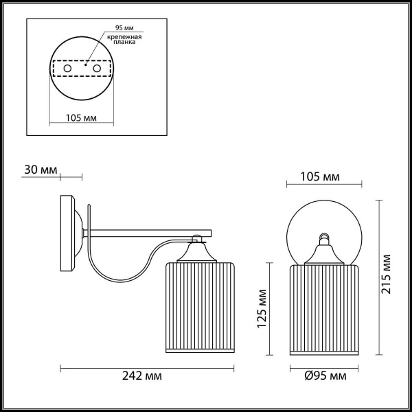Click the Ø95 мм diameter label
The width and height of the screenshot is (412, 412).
coord(324,376)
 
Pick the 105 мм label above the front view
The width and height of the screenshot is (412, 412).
coord(321,178)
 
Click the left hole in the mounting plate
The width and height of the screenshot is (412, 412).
coord(68,69)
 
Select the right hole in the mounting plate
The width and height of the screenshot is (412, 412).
coord(97,69)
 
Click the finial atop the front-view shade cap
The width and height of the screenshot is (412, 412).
coord(323,239)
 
